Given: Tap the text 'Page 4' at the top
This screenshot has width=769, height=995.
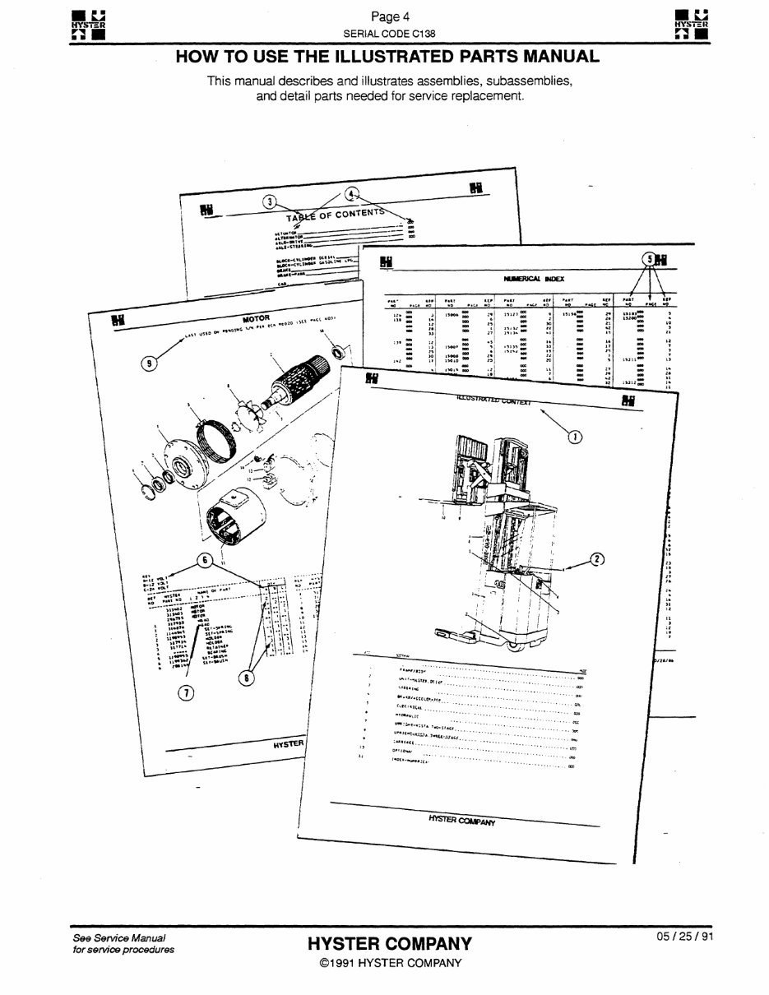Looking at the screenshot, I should click(385, 16).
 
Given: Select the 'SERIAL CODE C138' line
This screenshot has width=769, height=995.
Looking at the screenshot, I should click(384, 33).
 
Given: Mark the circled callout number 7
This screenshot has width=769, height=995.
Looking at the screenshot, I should click(186, 693).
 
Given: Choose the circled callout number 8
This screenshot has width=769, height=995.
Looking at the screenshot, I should click(244, 678).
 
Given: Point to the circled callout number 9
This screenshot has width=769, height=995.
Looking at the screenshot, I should click(150, 362).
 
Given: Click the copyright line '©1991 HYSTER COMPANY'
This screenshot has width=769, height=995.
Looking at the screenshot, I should click(390, 964).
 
